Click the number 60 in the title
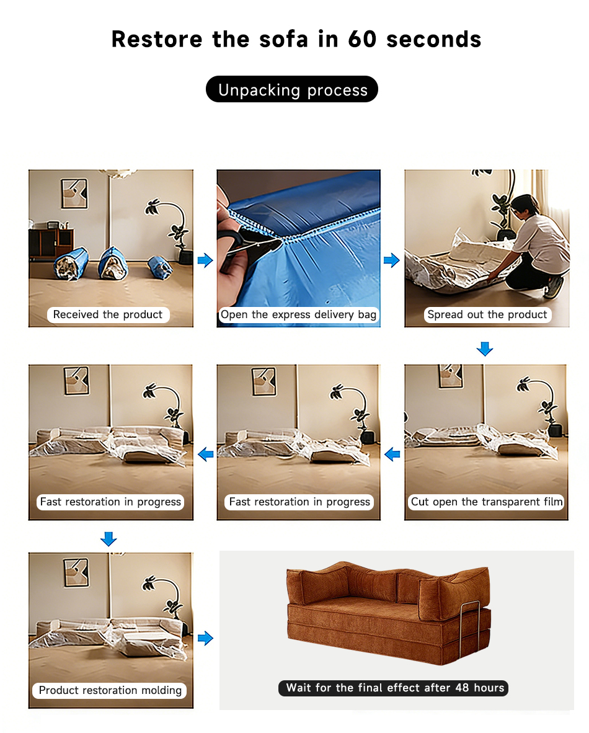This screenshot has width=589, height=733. point(362,39)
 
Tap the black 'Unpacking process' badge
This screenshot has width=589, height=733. point(291,89)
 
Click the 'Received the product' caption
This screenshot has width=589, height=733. point(108,314)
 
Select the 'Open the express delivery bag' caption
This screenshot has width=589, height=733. point(298,314)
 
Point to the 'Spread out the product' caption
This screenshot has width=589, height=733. point(487,314)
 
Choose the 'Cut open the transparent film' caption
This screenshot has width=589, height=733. point(486,502)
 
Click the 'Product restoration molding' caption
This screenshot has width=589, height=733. point(110,690)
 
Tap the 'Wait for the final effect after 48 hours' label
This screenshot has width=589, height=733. point(393,688)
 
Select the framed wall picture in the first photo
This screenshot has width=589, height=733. point(74,193)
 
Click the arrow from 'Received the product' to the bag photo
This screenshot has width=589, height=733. point(205,260)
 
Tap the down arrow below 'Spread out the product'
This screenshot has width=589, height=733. point(485,349)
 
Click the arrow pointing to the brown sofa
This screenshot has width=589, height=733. point(205,638)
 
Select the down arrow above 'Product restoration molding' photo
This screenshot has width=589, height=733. point(108,538)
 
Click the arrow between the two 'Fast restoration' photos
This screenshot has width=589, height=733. point(206,454)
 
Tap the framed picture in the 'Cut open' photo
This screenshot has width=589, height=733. point(451,376)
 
